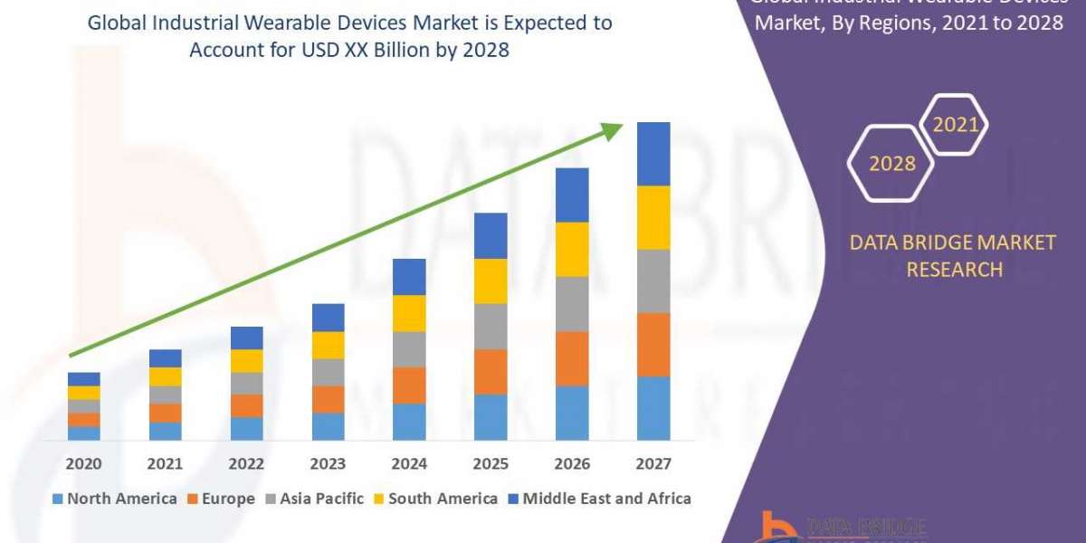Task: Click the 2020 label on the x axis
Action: click(x=83, y=463)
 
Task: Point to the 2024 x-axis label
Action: click(x=409, y=463)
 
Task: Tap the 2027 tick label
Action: click(x=653, y=463)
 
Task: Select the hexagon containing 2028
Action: click(x=891, y=163)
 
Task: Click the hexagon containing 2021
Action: click(x=955, y=125)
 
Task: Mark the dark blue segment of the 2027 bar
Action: click(x=653, y=154)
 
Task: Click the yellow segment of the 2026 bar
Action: click(x=572, y=249)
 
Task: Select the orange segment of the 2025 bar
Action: click(x=491, y=371)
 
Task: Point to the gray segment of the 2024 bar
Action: click(x=409, y=348)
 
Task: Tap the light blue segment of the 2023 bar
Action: click(x=328, y=426)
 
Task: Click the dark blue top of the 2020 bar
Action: click(x=83, y=378)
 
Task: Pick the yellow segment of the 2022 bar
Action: click(x=246, y=360)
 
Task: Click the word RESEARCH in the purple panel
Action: click(x=955, y=270)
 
